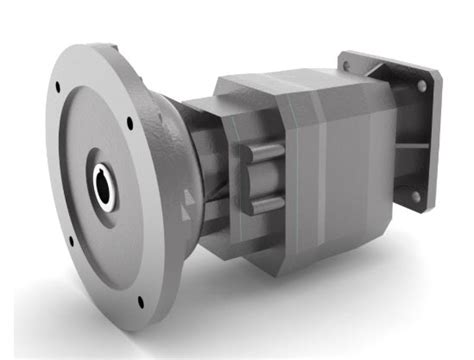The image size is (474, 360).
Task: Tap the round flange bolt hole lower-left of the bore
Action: coord(69,241)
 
